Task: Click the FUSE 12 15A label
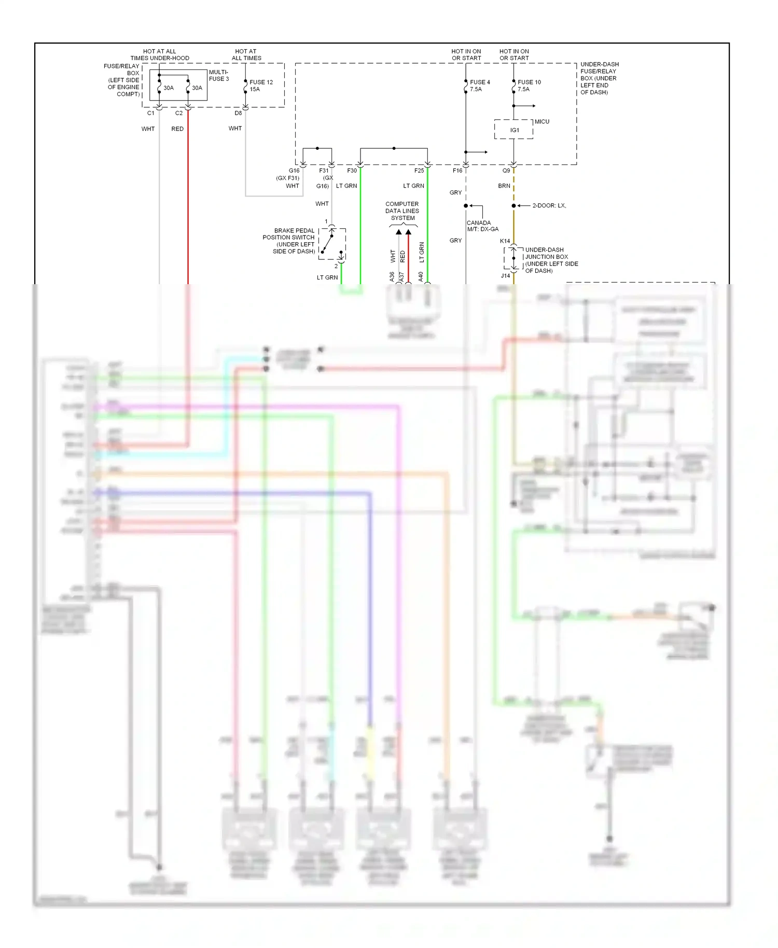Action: [x=261, y=86]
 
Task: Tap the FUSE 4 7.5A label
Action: [x=479, y=86]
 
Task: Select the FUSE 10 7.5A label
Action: [x=529, y=86]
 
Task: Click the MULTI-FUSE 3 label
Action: [x=218, y=76]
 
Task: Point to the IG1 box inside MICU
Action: [x=514, y=130]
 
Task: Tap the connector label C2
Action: [x=179, y=113]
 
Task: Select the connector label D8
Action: [x=238, y=113]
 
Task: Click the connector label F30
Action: [x=352, y=171]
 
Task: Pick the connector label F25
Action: [x=419, y=171]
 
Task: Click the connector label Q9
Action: [x=506, y=171]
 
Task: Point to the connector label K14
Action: [x=505, y=241]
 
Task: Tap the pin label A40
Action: [x=421, y=276]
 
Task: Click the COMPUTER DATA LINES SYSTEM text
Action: [x=402, y=211]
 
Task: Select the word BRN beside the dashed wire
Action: [x=504, y=186]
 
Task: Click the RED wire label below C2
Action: [x=177, y=129]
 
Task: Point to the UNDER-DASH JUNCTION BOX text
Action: [x=551, y=260]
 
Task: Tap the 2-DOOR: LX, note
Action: [x=549, y=206]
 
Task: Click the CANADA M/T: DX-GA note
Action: [x=482, y=226]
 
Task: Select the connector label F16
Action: [x=457, y=171]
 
